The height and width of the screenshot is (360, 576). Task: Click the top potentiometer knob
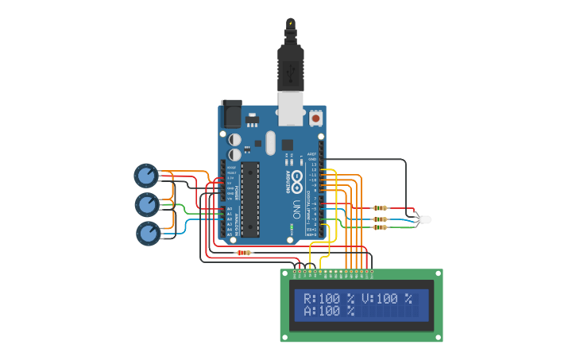[146, 175]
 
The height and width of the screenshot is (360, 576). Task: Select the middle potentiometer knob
[147, 204]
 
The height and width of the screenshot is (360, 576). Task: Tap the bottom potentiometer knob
[149, 233]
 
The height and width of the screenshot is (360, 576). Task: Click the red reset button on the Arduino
[316, 118]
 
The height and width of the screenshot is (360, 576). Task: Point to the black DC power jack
[231, 114]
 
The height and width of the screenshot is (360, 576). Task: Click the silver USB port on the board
[291, 109]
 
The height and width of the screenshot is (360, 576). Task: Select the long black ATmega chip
[250, 199]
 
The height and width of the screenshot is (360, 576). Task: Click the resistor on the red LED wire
[381, 209]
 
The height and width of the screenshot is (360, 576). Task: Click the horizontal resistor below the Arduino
[244, 253]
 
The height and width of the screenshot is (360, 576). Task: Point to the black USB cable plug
[290, 68]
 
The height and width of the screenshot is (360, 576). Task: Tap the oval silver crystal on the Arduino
[270, 143]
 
